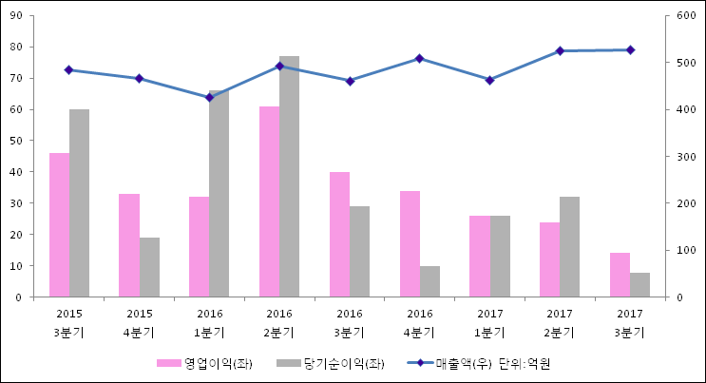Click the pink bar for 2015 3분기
point(59,224)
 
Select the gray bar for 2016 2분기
point(289,177)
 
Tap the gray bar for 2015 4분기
point(149,267)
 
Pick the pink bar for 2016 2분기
point(269,201)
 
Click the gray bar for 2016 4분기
point(429,281)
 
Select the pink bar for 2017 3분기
point(620,275)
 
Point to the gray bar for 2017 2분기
point(569,247)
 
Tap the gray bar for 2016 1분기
point(219,194)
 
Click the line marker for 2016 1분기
point(209,97)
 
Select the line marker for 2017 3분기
point(630,49)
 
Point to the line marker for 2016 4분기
point(419,59)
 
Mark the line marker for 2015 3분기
point(68,69)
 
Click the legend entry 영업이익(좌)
point(203,363)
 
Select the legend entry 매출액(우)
point(460,363)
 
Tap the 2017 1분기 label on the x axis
point(489,322)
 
